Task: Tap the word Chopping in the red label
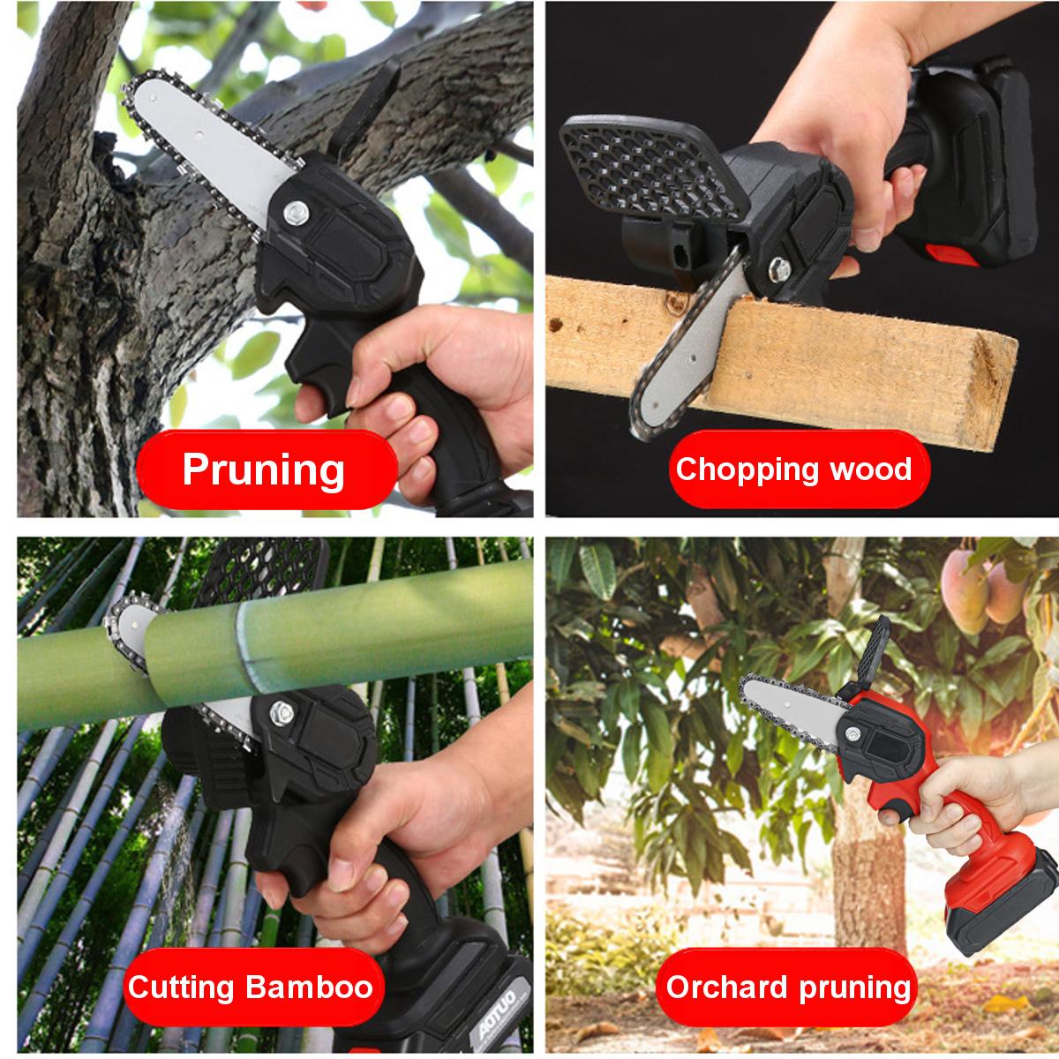747,469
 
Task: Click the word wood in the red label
870,469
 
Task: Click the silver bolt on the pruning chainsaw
297,213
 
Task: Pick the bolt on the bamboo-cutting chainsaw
282,713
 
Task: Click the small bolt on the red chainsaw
852,733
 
